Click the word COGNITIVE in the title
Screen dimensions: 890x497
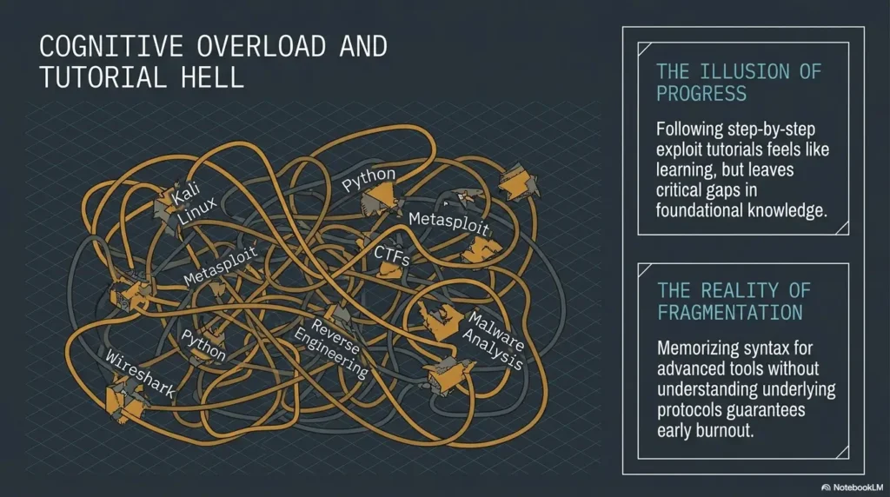[111, 47]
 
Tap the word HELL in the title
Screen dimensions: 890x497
[213, 77]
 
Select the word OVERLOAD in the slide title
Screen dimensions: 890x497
[262, 47]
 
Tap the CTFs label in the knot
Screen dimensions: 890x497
[392, 255]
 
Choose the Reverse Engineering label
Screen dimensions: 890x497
[331, 348]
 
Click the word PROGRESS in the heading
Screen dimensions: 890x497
[701, 94]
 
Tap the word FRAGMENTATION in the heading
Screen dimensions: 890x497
[730, 312]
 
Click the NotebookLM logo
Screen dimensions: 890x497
[852, 487]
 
